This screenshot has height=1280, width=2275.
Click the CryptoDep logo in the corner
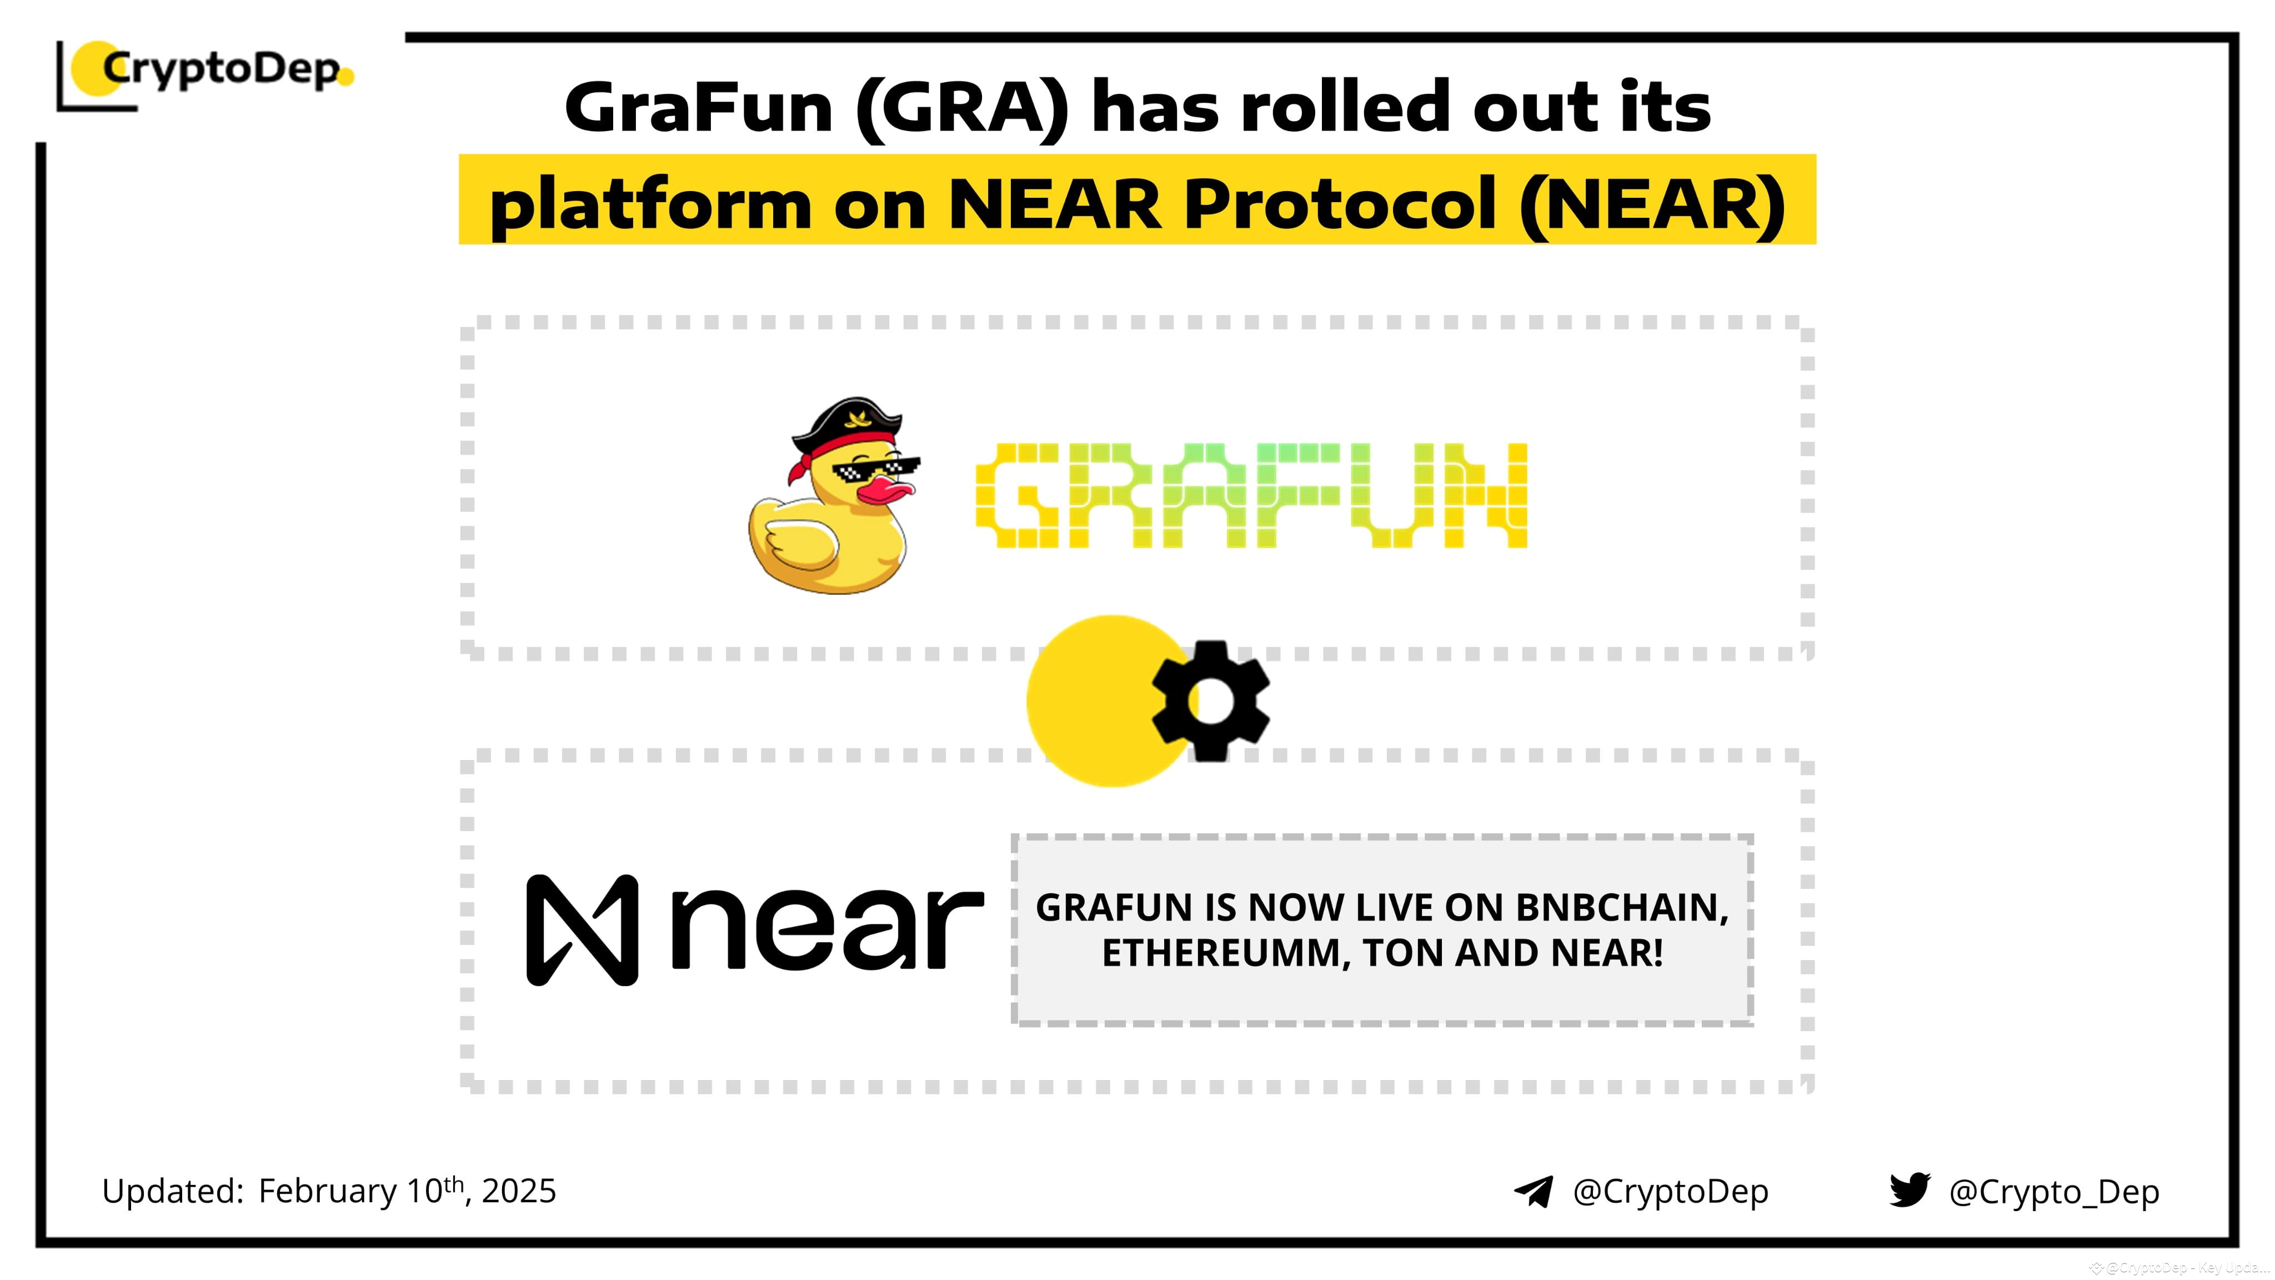(208, 71)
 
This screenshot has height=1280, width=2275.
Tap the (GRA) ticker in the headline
(962, 108)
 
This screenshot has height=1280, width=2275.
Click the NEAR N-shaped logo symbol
(582, 930)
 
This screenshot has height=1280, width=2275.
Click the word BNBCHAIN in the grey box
(1616, 908)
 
